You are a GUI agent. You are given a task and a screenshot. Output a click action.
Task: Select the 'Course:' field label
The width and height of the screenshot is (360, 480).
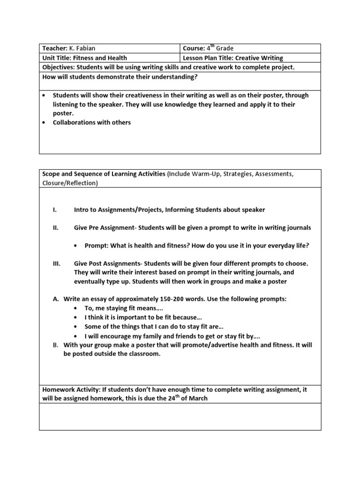click(x=194, y=48)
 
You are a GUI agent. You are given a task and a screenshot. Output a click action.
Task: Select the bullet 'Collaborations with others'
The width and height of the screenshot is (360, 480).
click(x=91, y=122)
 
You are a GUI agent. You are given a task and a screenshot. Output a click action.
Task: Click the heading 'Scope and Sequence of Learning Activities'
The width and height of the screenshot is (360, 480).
click(x=104, y=174)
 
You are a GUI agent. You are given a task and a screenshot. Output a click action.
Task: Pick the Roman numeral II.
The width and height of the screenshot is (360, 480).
click(x=55, y=228)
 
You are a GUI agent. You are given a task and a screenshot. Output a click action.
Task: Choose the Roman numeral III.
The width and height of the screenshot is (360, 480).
click(x=56, y=264)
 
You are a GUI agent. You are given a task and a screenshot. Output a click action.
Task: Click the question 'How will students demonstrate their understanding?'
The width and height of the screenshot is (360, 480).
click(x=120, y=76)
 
